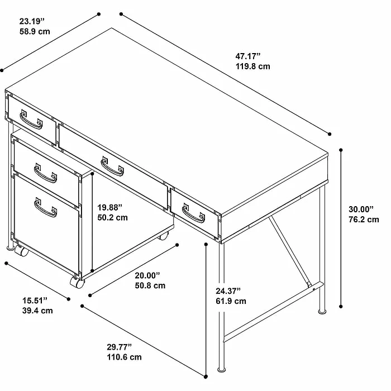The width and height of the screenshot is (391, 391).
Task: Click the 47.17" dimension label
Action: (248, 56)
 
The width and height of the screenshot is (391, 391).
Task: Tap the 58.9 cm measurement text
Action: (35, 32)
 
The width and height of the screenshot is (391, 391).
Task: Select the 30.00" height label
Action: (361, 209)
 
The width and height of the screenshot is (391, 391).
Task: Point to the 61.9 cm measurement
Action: (231, 301)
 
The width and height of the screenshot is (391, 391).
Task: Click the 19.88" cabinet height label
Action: (109, 207)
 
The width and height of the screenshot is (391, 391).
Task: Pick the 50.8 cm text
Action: (150, 285)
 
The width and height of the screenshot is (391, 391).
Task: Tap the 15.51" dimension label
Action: (35, 301)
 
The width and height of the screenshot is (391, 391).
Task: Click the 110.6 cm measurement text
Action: (124, 357)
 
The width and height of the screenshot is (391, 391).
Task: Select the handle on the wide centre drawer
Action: (112, 166)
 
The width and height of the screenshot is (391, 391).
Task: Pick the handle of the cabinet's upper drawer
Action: (45, 173)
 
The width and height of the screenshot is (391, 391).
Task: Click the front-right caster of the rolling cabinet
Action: (77, 282)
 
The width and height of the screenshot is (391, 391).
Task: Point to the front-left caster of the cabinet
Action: (21, 251)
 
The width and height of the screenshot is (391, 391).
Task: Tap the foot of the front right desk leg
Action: (221, 370)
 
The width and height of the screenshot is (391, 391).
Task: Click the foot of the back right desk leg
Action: (322, 312)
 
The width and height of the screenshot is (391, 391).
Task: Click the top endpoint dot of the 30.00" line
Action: (341, 150)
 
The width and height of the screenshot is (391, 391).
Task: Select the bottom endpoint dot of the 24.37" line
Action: (206, 376)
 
